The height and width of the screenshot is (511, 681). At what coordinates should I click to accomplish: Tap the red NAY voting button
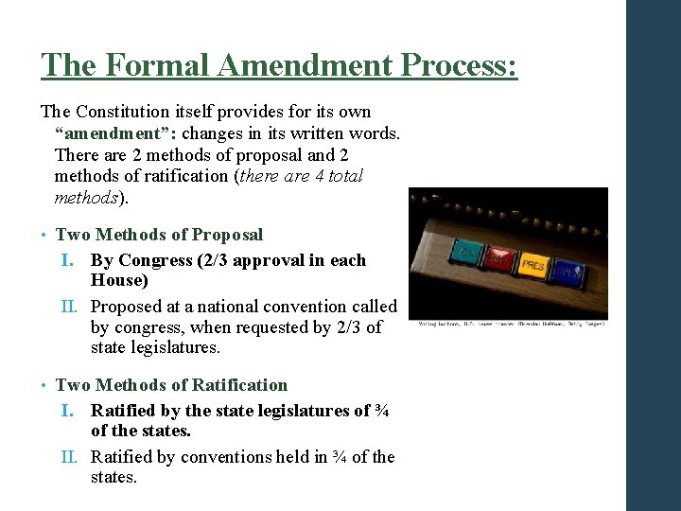coord(499,258)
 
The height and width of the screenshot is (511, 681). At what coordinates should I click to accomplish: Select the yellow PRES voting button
coord(533,266)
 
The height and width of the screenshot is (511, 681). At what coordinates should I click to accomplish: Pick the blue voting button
coord(568,273)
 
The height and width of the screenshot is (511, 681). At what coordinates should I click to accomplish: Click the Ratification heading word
coord(239,385)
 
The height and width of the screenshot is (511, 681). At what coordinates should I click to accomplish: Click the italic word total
coord(343,176)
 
